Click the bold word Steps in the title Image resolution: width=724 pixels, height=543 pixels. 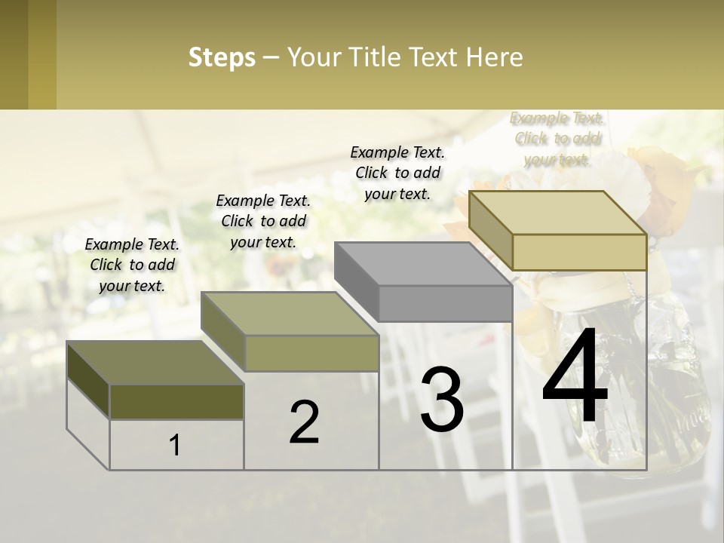pyautogui.click(x=222, y=57)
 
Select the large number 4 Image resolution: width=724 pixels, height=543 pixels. pyautogui.click(x=575, y=377)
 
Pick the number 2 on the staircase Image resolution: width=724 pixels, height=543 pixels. pyautogui.click(x=304, y=422)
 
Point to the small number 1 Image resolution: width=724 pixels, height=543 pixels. pyautogui.click(x=175, y=446)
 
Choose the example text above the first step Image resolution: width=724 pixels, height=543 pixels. pyautogui.click(x=132, y=265)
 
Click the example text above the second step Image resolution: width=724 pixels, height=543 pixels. pyautogui.click(x=263, y=221)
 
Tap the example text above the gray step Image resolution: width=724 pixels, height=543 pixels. pyautogui.click(x=397, y=173)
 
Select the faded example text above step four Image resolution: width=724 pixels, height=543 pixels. pyautogui.click(x=557, y=139)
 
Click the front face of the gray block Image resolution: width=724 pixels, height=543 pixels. pyautogui.click(x=445, y=304)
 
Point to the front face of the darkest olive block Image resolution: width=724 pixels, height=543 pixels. pyautogui.click(x=176, y=402)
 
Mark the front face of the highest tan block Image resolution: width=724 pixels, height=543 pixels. pyautogui.click(x=579, y=252)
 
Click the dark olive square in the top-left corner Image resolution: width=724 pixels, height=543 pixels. pyautogui.click(x=14, y=54)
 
